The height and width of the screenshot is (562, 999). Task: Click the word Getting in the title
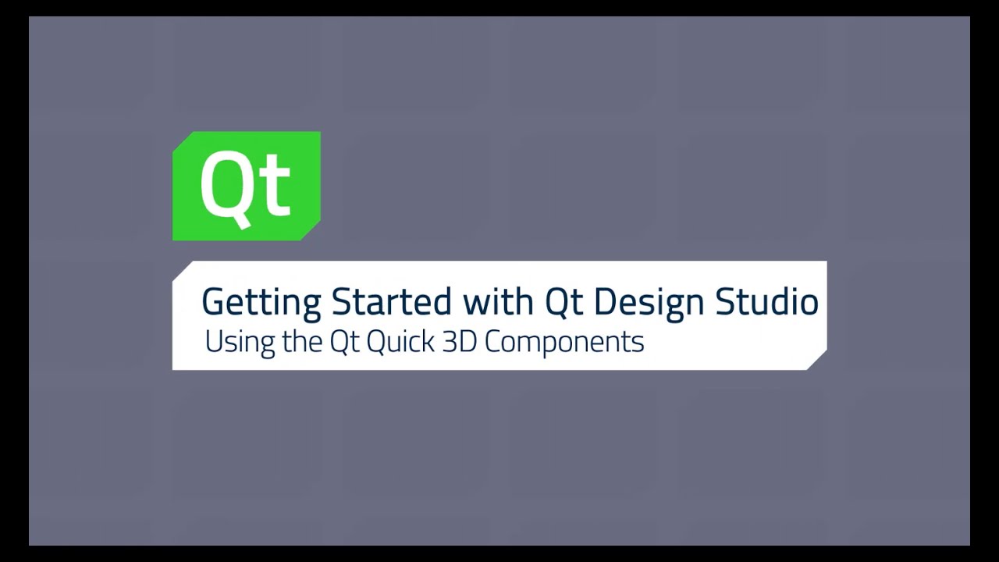(x=261, y=303)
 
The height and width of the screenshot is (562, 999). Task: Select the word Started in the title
(x=391, y=301)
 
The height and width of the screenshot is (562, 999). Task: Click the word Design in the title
(x=649, y=303)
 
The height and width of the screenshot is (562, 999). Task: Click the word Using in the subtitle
(x=229, y=342)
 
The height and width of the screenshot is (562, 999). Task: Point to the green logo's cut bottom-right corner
(x=311, y=232)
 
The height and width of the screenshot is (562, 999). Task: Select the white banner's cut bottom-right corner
(x=817, y=361)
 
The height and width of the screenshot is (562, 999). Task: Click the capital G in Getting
(x=212, y=301)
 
